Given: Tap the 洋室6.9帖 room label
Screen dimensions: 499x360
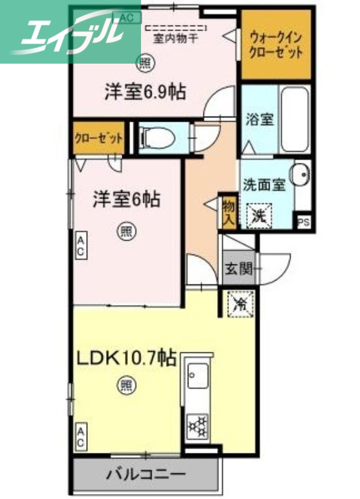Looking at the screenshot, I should [x=144, y=92].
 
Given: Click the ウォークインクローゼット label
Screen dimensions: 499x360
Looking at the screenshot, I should [x=275, y=44].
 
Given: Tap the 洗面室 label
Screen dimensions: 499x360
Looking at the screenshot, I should [x=264, y=185].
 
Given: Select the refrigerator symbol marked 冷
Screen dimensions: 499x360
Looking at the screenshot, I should [x=240, y=304].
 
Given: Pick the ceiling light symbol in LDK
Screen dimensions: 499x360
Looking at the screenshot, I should [x=126, y=386].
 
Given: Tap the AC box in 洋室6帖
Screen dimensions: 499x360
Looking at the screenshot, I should [x=81, y=245].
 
